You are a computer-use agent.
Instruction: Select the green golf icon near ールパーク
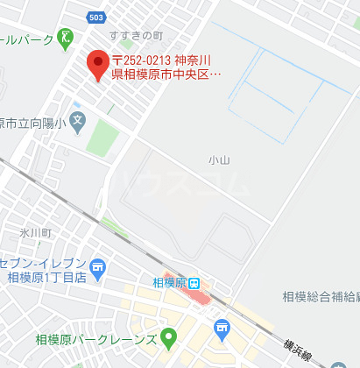(66, 39)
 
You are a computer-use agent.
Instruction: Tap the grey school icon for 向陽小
(78, 120)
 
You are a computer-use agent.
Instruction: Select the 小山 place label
(217, 159)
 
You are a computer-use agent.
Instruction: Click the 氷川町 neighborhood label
(36, 234)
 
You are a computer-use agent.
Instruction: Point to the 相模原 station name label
(170, 282)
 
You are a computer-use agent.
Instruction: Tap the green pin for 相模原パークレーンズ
(168, 337)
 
